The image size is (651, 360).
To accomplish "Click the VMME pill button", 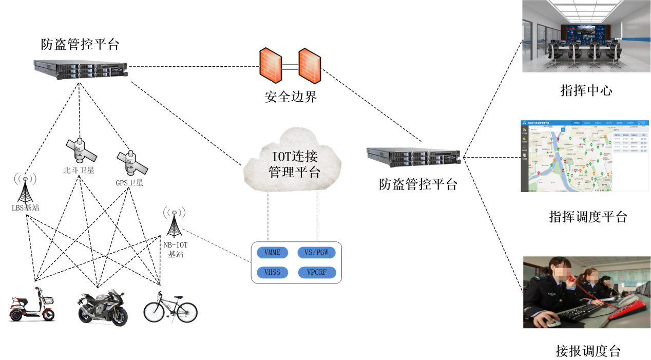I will tap(272, 253).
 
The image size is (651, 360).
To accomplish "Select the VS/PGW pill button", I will tap(317, 253).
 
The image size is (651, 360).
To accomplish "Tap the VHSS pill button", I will tap(272, 272).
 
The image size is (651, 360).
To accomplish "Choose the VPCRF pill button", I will tap(317, 272).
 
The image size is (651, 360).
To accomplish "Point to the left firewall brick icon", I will tap(270, 65).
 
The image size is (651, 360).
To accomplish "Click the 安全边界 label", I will tap(291, 96).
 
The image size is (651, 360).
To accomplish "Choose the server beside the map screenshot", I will tap(413, 156).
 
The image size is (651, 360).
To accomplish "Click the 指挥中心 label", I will tap(585, 91).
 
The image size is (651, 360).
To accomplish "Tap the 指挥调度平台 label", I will tap(588, 217).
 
